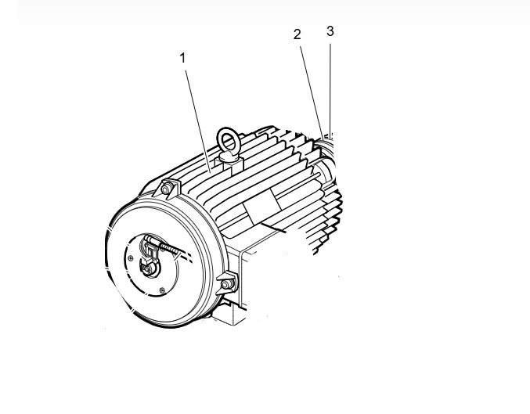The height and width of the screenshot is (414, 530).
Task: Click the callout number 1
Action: pos(182,58)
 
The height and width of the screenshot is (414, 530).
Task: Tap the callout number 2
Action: pos(297,34)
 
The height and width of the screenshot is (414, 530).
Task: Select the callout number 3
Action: pos(330,31)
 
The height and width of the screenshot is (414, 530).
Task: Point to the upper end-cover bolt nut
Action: pos(166,189)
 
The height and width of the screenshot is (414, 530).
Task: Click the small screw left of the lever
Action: pos(131,258)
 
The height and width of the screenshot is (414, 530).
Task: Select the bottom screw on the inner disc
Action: pos(162,290)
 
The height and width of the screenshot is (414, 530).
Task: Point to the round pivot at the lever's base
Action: pos(148,268)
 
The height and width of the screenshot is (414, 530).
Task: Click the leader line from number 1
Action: pos(198,121)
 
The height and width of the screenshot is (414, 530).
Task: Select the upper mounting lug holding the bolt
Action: pos(167,189)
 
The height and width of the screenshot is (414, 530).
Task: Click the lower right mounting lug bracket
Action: pos(227,283)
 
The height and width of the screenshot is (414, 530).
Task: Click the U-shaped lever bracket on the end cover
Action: pos(150,250)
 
